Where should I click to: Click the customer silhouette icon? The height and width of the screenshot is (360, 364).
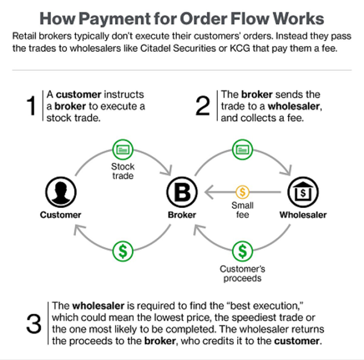coord(61,192)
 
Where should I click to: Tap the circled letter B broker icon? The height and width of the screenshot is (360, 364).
coord(182,192)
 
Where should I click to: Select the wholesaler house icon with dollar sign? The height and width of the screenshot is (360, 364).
coord(303,192)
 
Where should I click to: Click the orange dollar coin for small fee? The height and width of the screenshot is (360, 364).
coord(242,192)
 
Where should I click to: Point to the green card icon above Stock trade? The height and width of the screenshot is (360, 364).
coord(123,149)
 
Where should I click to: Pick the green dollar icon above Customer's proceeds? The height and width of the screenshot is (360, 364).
coord(242,251)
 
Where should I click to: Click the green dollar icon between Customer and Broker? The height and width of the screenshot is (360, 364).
coord(123,251)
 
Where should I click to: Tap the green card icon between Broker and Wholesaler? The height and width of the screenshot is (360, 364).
coord(242,149)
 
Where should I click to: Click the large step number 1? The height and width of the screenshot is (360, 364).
coord(31,106)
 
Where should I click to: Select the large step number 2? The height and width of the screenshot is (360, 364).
coord(203,106)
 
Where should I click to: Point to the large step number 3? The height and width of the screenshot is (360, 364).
coord(34,323)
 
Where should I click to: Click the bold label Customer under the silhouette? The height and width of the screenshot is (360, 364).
coord(61,215)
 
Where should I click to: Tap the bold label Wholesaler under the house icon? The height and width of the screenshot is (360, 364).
coord(303,215)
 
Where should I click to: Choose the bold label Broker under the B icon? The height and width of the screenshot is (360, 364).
coord(182,215)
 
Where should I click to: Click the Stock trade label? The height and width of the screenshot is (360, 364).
coord(123,171)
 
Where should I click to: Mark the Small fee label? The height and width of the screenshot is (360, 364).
coord(242,210)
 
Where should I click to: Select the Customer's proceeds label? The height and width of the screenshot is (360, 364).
coord(242,274)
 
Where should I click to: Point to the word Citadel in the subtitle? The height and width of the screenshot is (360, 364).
coord(156,48)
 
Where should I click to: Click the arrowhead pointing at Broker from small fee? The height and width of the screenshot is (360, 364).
coord(209,192)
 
